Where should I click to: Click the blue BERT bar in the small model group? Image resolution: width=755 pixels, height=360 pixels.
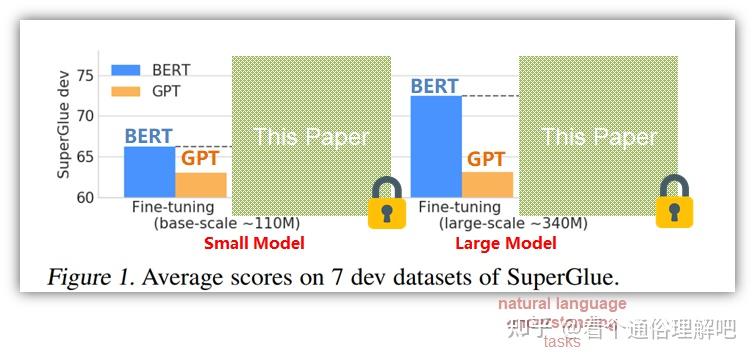point(149,172)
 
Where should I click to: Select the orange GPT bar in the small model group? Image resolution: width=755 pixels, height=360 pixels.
point(201,185)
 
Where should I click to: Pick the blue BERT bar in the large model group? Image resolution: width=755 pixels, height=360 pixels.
point(436,146)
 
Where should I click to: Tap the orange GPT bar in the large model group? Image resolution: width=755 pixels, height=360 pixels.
point(487,185)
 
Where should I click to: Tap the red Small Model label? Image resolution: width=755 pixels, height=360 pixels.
point(254,243)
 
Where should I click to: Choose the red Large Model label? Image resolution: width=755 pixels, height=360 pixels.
point(505,243)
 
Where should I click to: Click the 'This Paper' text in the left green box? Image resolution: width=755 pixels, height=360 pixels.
point(311,137)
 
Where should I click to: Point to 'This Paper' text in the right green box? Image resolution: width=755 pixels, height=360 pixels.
point(599,137)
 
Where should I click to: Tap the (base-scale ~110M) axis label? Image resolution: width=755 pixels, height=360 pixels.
point(227,223)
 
